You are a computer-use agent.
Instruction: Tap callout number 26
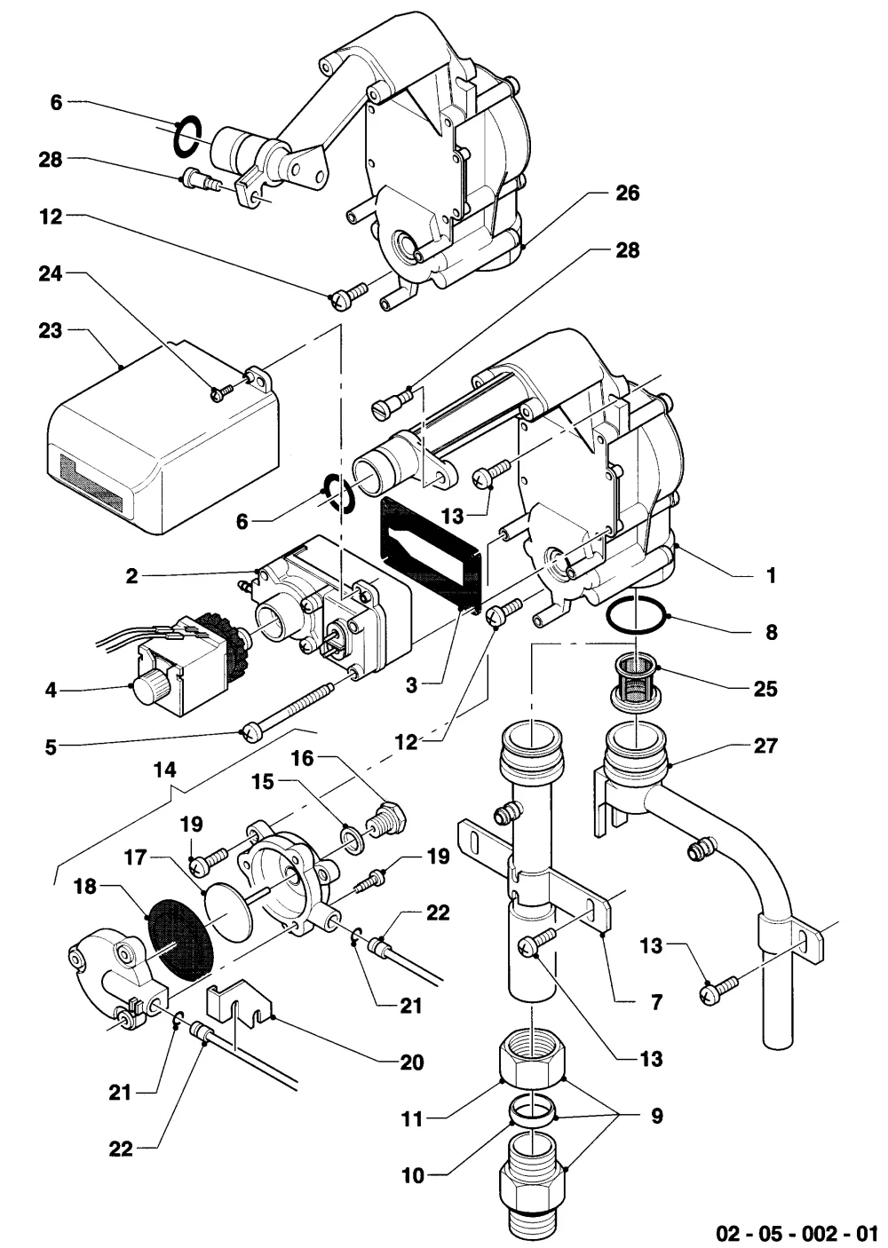coord(627,194)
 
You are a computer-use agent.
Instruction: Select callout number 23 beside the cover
coord(50,330)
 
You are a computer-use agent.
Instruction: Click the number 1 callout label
coord(772,575)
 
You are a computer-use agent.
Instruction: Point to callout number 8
coord(772,632)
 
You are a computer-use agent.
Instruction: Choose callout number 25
coord(765,689)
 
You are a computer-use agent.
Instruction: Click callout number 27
coord(765,746)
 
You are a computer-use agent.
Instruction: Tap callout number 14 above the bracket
coord(165,770)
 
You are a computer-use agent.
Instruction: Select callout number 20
coord(412,1062)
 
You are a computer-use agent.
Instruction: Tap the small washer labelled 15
coord(351,842)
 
